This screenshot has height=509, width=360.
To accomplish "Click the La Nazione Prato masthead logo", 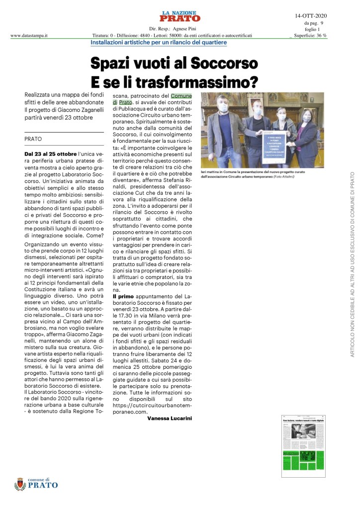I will point(180,16).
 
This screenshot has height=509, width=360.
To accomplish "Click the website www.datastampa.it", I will point(29,36).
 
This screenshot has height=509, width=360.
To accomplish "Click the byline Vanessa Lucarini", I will point(170,419).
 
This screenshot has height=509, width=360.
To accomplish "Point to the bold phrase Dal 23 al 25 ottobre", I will point(51,154).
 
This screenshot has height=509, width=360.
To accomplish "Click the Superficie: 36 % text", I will point(310,36).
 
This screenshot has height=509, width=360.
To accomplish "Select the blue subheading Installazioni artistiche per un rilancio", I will point(159,43).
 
